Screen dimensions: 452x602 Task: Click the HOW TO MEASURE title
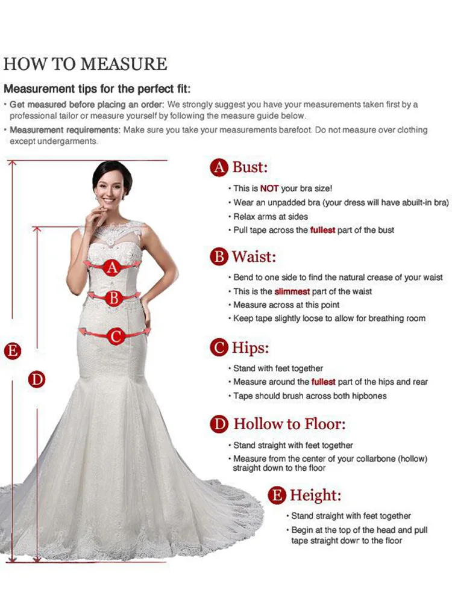pos(86,64)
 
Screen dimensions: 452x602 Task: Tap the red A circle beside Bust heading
pos(219,168)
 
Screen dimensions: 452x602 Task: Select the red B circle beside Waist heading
pos(219,256)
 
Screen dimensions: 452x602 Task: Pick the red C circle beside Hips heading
pos(219,347)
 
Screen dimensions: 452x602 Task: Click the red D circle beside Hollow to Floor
pos(219,424)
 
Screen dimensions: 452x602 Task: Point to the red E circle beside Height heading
pos(277,495)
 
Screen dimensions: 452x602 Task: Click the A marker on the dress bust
pos(112,267)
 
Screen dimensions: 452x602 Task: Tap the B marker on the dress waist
pos(113,298)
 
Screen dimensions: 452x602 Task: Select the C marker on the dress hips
pos(116,337)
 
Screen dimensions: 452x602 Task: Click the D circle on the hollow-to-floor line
pos(37,379)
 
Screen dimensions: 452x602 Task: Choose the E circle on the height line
pos(12,351)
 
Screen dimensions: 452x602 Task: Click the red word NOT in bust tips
pos(269,188)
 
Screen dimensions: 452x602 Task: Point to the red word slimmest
pos(292,292)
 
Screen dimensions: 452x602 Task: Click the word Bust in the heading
pos(250,167)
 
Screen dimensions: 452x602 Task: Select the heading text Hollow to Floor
pos(289,424)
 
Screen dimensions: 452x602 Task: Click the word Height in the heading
pos(316,495)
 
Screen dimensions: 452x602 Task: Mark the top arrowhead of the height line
pos(12,163)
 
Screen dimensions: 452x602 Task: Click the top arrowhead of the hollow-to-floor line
pos(37,229)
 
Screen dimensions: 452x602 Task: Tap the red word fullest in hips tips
pos(324,382)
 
